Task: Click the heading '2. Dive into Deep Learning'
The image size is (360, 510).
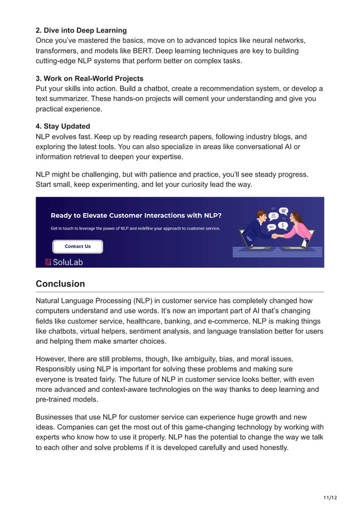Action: click(81, 30)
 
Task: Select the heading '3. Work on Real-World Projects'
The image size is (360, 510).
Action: click(89, 79)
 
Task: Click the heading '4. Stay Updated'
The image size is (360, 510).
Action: click(63, 127)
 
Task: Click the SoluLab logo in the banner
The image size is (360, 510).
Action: click(64, 261)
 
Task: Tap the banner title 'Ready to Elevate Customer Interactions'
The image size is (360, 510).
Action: click(135, 215)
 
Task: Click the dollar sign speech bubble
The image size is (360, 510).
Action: click(283, 225)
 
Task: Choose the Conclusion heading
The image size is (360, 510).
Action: click(60, 284)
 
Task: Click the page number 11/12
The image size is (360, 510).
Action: click(330, 498)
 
